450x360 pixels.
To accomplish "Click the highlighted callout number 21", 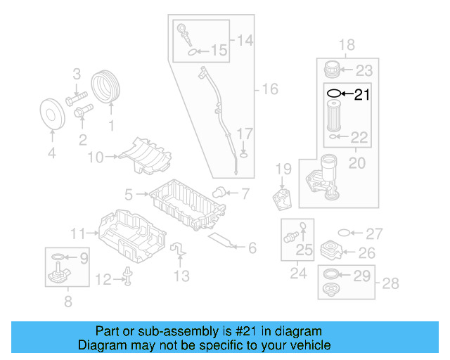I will pyautogui.click(x=361, y=94).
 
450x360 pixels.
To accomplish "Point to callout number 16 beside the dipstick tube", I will pyautogui.click(x=270, y=89).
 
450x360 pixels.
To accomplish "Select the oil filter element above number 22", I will pyautogui.click(x=333, y=115).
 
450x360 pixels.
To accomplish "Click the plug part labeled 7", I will pyautogui.click(x=219, y=192).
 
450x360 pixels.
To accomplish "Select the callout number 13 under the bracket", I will pyautogui.click(x=182, y=276).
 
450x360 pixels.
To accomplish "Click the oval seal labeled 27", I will pyautogui.click(x=344, y=233).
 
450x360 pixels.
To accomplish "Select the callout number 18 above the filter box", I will pyautogui.click(x=346, y=46).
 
